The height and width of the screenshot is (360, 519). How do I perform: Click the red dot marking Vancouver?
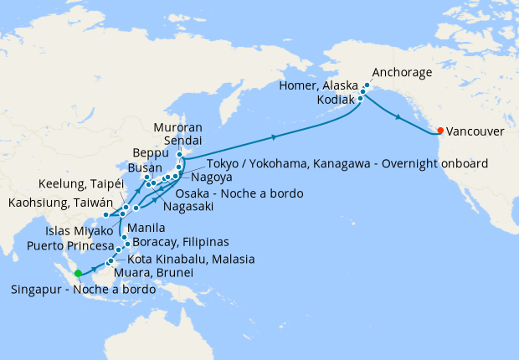[x=440, y=131]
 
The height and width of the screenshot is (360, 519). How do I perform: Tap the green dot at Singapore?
[x=78, y=273]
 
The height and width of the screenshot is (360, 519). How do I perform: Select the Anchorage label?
[x=402, y=73]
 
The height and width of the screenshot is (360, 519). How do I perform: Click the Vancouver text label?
[x=475, y=131]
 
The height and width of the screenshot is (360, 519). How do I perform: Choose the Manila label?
[x=146, y=227]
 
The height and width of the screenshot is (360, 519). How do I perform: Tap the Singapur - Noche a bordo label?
[x=83, y=290]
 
